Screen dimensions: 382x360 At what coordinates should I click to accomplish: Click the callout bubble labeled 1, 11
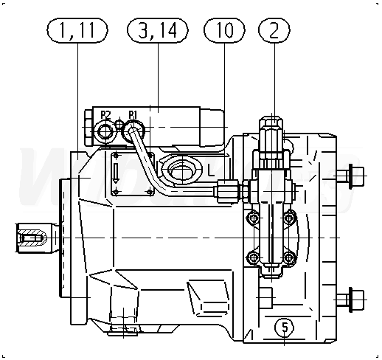pos(77,30)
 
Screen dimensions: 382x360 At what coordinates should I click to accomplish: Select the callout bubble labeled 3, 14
pos(158,30)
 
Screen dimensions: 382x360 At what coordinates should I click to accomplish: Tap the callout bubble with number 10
pos(224,30)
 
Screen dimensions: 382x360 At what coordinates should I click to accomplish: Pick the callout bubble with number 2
pos(274,30)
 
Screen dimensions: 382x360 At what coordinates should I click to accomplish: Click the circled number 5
pos(285,328)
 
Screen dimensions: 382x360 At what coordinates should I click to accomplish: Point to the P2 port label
pos(105,115)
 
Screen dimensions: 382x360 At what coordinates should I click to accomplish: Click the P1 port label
pos(133,114)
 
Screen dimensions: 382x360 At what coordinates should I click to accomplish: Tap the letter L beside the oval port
pos(211,170)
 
